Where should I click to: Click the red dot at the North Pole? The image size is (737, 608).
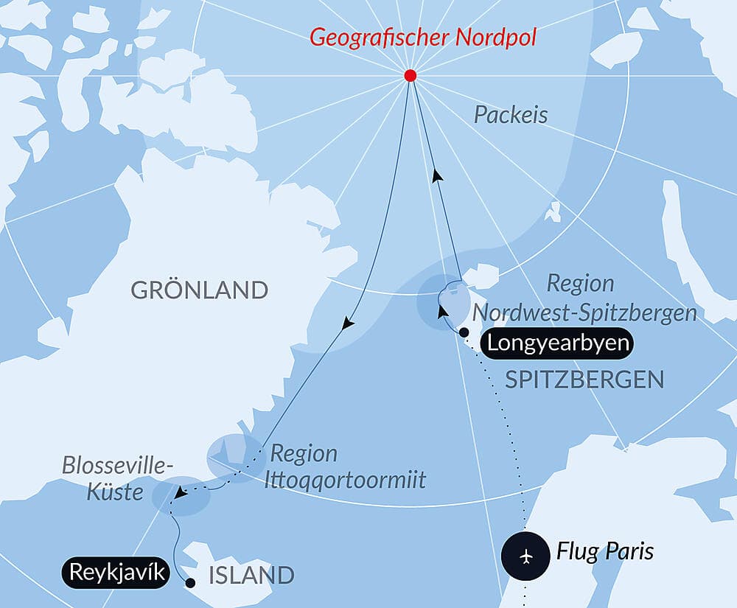click(x=411, y=76)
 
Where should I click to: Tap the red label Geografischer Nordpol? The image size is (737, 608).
click(x=423, y=37)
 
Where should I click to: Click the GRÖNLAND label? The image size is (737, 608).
click(x=200, y=290)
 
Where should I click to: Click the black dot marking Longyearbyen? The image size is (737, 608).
click(x=464, y=333)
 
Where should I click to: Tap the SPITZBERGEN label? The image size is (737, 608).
click(x=584, y=380)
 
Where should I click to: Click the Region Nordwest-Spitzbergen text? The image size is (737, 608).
click(x=621, y=298)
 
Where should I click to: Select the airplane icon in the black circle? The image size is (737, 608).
click(x=525, y=554)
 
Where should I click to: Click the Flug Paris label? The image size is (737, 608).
click(x=604, y=551)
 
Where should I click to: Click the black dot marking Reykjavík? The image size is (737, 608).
click(x=190, y=583)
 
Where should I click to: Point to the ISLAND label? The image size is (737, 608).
click(x=251, y=575)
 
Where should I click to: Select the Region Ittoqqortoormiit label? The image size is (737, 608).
click(x=347, y=467)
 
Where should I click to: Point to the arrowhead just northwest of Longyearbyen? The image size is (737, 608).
click(x=442, y=312)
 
